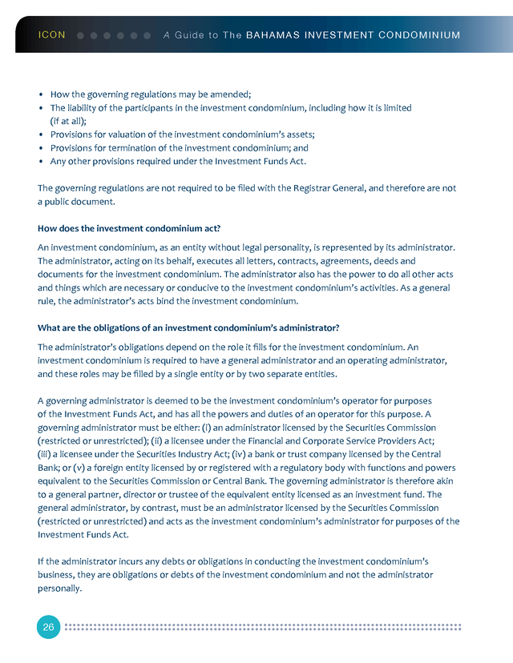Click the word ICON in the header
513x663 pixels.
coord(51,35)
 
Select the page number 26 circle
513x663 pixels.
coord(48,627)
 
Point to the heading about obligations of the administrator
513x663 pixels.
coord(188,328)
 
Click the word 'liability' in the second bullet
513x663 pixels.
coord(87,107)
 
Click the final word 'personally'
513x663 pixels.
coord(59,589)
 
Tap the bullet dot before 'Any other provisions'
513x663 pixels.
coord(41,162)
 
